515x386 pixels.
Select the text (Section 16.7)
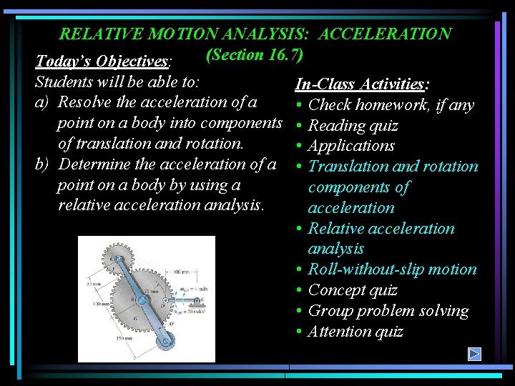pyautogui.click(x=255, y=54)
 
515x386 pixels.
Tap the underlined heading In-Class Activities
pyautogui.click(x=361, y=84)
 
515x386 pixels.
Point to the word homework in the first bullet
pyautogui.click(x=393, y=105)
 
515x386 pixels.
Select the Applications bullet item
pyautogui.click(x=351, y=146)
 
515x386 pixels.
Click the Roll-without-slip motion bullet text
pyautogui.click(x=392, y=269)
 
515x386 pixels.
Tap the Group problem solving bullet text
pyautogui.click(x=388, y=311)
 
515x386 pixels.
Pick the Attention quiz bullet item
pyautogui.click(x=355, y=332)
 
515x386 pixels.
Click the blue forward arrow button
pyautogui.click(x=474, y=354)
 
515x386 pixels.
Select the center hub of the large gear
pyautogui.click(x=141, y=302)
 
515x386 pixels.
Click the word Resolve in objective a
pyautogui.click(x=89, y=102)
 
